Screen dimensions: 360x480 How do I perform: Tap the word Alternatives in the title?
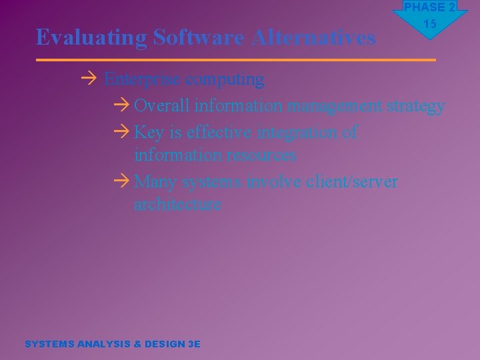point(313,37)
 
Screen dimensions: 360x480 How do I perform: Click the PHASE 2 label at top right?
point(429,7)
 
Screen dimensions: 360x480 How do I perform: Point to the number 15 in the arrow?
point(429,24)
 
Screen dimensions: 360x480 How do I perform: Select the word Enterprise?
point(142,79)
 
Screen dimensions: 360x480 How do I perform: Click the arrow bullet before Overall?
point(121,106)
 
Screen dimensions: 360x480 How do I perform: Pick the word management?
point(335,107)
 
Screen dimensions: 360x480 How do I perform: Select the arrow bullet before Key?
point(121,133)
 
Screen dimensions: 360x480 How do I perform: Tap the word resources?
point(261,155)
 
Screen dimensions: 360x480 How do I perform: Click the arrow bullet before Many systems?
point(121,182)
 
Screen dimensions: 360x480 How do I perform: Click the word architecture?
point(177,205)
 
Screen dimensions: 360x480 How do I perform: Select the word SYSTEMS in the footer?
point(49,344)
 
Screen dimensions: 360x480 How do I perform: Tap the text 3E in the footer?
point(194,344)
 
